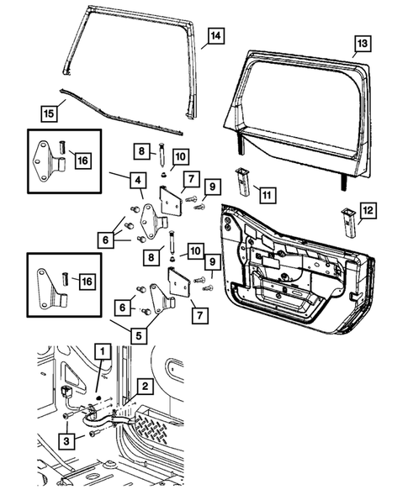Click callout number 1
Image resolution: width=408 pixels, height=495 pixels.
(102, 350)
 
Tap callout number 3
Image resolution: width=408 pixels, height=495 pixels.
(65, 439)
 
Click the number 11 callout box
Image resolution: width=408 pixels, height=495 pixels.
(267, 195)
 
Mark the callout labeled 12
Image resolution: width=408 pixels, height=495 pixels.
(368, 208)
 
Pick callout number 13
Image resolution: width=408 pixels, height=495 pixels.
(362, 43)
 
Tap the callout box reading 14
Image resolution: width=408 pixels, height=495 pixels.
(216, 36)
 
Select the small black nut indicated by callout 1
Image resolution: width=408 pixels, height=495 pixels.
(98, 398)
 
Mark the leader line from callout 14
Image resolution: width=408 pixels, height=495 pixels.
(202, 45)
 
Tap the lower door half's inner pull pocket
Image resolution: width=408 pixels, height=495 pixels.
(290, 293)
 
